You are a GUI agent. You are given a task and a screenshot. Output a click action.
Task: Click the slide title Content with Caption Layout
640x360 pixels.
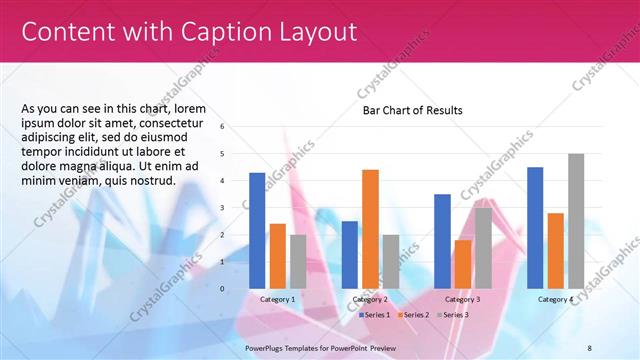pos(189,31)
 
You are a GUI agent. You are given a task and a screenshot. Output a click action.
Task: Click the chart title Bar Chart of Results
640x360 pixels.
pos(412,110)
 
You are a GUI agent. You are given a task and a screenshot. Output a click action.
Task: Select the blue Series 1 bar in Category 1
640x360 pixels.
pos(257,230)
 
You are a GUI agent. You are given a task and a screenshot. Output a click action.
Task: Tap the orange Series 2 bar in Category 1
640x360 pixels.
pos(277,255)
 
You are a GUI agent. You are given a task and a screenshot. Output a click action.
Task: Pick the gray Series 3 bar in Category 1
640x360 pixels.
pos(298,261)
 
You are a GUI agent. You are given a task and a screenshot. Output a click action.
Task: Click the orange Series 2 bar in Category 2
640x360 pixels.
pos(370,228)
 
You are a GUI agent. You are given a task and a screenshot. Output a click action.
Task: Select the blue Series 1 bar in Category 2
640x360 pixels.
pos(349,254)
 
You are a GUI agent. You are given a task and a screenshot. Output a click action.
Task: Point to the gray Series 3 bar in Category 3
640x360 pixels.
pos(483,247)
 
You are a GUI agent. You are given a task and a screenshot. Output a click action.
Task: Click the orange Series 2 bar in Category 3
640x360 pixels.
pos(463,264)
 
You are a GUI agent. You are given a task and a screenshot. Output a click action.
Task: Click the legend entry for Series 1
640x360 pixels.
pos(374,314)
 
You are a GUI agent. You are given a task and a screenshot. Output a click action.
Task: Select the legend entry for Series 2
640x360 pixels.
pos(414,314)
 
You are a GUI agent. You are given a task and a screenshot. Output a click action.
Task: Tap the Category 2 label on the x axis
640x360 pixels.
pos(370,299)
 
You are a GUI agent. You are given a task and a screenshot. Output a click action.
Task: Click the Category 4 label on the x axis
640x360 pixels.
pos(555,299)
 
